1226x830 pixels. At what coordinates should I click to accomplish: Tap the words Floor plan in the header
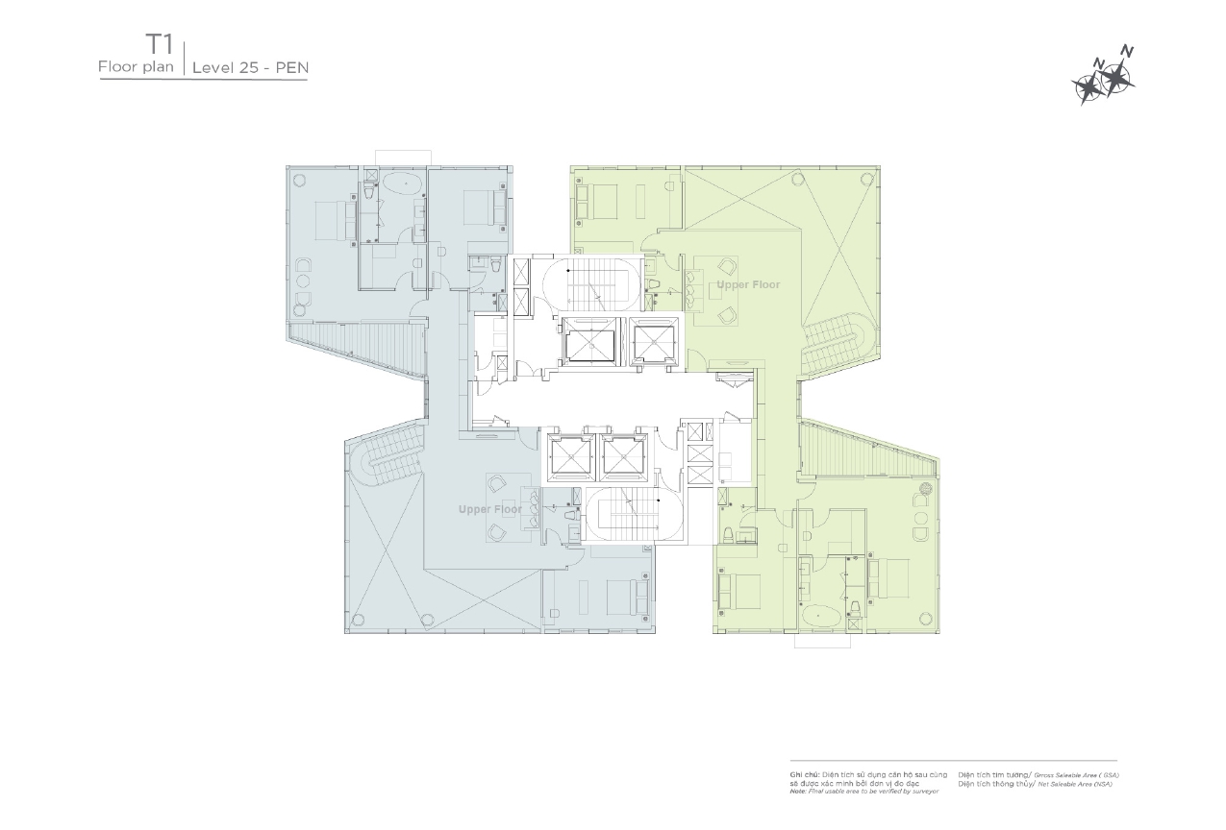click(x=135, y=67)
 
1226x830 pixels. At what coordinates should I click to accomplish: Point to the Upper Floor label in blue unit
click(x=489, y=509)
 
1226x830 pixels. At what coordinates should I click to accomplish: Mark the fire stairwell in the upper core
click(x=587, y=283)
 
